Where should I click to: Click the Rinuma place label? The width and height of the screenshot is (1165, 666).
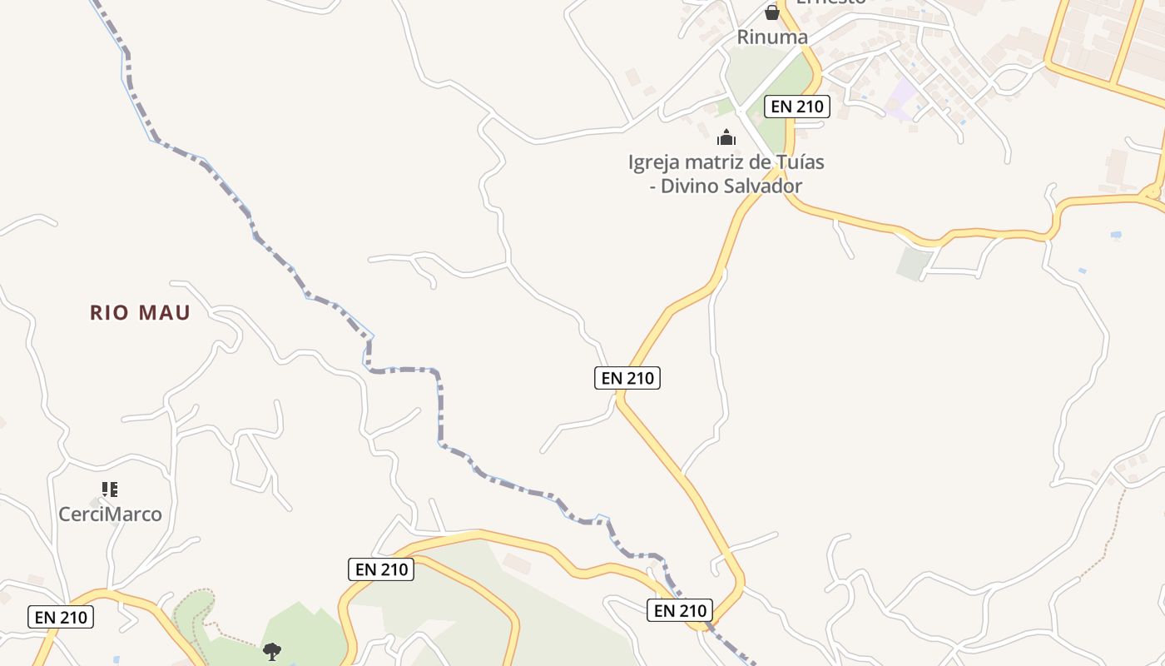(x=772, y=37)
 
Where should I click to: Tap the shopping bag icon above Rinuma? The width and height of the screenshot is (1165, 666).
(x=772, y=12)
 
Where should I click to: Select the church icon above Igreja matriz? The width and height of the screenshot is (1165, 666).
(x=726, y=137)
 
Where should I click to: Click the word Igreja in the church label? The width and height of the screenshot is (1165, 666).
(x=654, y=162)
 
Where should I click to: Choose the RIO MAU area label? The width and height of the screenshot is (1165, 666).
(x=141, y=313)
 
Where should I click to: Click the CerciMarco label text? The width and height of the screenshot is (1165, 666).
(x=110, y=514)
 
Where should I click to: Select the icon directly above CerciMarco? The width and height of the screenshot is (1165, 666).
(x=110, y=490)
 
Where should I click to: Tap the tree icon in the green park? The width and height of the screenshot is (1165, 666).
(x=271, y=651)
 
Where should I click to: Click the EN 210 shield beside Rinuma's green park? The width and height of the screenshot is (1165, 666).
(x=797, y=106)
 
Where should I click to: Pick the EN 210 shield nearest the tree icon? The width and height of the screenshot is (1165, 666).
(x=381, y=569)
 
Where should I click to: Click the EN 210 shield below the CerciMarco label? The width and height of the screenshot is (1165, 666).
(x=61, y=617)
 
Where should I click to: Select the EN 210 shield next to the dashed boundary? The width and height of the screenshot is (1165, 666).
(x=680, y=610)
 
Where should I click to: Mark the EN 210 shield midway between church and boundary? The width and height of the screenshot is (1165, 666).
(x=628, y=378)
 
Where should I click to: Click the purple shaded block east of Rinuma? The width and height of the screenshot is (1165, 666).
(x=902, y=96)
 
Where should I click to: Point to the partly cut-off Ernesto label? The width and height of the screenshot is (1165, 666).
(x=830, y=2)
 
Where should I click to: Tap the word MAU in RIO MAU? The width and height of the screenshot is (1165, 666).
(x=164, y=313)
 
